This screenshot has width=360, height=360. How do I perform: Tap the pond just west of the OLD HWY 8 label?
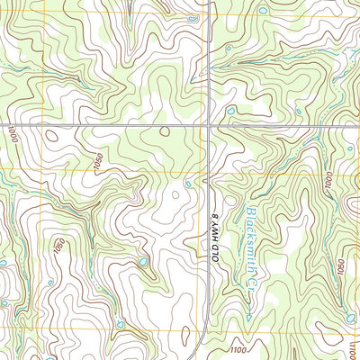pyautogui.click(x=187, y=184)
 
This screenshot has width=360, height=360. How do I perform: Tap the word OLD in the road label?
pyautogui.click(x=215, y=248)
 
